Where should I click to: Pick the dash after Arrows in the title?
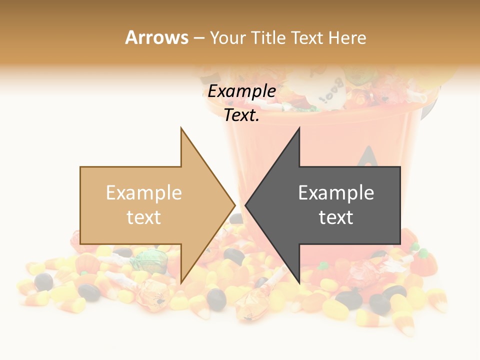[x=198, y=38]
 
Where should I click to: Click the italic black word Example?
[x=242, y=91]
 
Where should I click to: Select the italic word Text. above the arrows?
[x=242, y=115]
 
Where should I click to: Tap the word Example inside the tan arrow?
[x=144, y=192]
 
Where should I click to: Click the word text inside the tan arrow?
[x=144, y=217]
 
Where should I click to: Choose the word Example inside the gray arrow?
[x=336, y=192]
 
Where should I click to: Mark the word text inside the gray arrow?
[x=336, y=217]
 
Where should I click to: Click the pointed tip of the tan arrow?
[x=234, y=205]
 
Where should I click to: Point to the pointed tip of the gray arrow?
[x=245, y=205]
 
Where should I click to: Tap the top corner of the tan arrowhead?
[x=181, y=128]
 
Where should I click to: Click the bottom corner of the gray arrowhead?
[x=299, y=282]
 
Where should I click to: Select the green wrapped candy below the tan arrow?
[x=148, y=259]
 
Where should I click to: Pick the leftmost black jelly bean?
[x=44, y=281]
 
